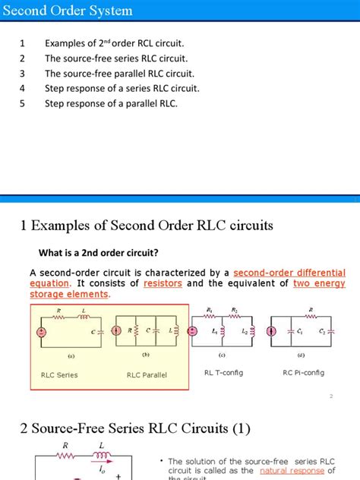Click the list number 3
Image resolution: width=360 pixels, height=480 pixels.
(23, 74)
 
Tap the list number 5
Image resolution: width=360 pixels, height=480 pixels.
(23, 103)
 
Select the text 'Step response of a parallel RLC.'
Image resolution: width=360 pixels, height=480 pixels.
(111, 103)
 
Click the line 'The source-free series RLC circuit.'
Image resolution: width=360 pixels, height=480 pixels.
(116, 58)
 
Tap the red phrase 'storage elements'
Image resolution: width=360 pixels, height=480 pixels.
(69, 295)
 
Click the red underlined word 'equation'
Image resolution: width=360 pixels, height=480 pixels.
(49, 283)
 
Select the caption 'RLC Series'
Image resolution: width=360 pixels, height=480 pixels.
(59, 374)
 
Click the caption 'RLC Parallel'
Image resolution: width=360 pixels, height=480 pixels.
(147, 374)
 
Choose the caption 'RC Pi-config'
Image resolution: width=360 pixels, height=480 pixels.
(303, 372)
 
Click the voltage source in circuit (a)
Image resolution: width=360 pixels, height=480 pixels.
(40, 331)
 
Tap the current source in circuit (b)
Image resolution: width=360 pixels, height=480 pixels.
(117, 331)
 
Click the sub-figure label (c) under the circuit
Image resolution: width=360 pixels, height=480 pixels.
(222, 355)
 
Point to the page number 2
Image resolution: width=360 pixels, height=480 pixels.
(332, 396)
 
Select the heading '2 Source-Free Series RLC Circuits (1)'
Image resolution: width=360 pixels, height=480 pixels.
(136, 428)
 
